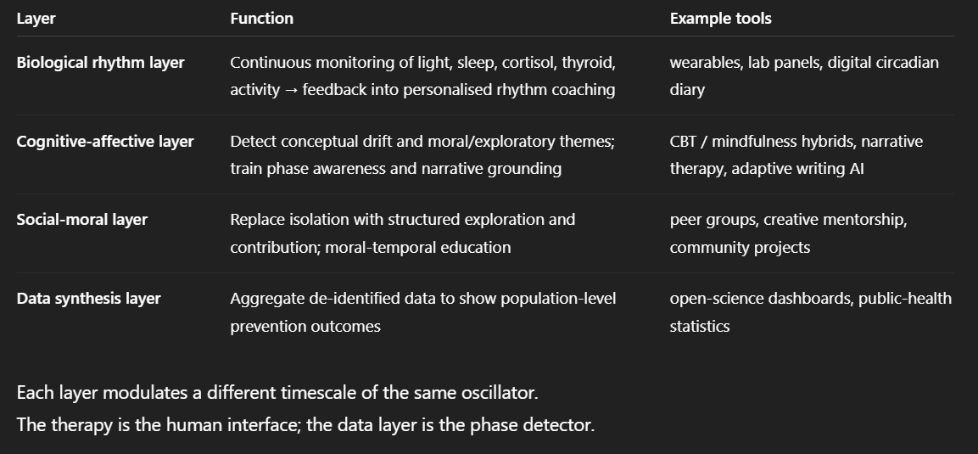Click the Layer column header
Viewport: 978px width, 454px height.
click(36, 18)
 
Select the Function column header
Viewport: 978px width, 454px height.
click(261, 18)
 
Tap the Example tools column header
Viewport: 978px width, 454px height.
click(720, 18)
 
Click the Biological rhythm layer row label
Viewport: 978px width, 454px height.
click(100, 63)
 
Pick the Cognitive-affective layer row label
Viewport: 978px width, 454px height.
click(105, 141)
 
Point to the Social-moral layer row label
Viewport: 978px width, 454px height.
click(82, 220)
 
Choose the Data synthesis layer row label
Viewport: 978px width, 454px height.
click(88, 298)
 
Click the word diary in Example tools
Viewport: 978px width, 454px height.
click(687, 90)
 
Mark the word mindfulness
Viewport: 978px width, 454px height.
click(756, 141)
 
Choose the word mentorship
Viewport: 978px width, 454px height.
click(864, 220)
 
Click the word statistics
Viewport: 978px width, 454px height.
click(700, 326)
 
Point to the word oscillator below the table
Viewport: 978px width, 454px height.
click(498, 394)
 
